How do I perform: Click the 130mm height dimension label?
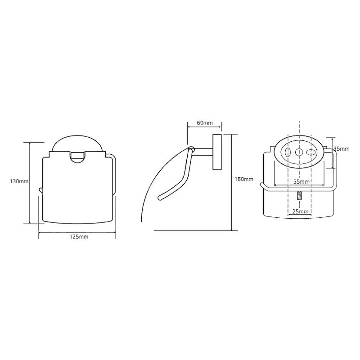click(x=19, y=181)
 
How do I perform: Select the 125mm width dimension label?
click(x=79, y=237)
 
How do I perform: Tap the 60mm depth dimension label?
click(x=205, y=122)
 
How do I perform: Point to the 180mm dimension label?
click(x=244, y=179)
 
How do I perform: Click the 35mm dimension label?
click(x=342, y=149)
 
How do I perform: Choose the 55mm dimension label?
click(x=301, y=182)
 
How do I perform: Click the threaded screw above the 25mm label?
click(x=299, y=196)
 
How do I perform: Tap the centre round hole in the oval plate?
click(x=299, y=152)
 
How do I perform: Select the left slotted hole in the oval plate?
click(x=287, y=152)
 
